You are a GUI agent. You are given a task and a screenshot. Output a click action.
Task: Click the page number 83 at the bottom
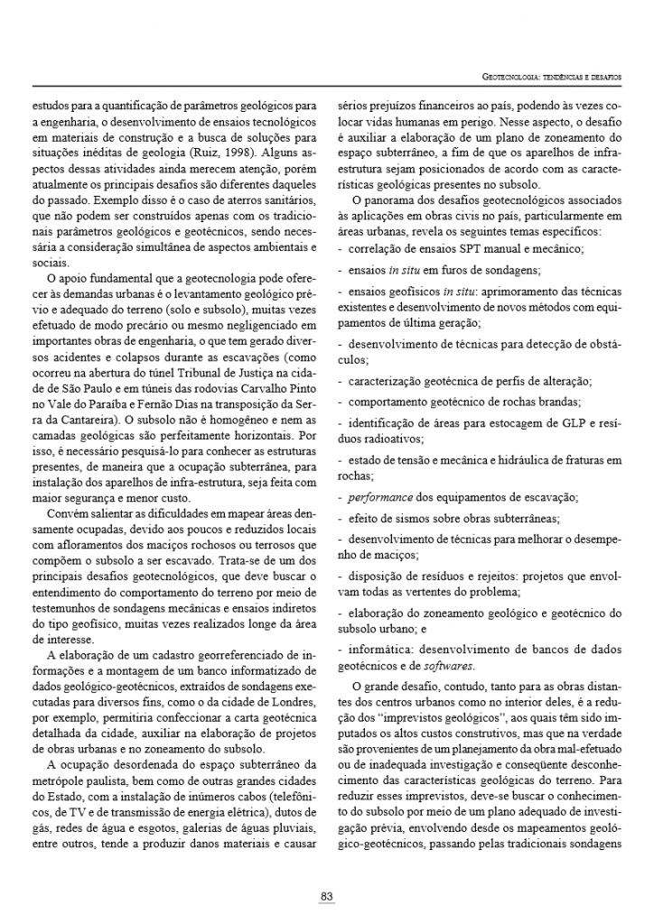pyautogui.click(x=327, y=896)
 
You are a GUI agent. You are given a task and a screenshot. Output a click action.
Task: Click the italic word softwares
pyautogui.click(x=448, y=666)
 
